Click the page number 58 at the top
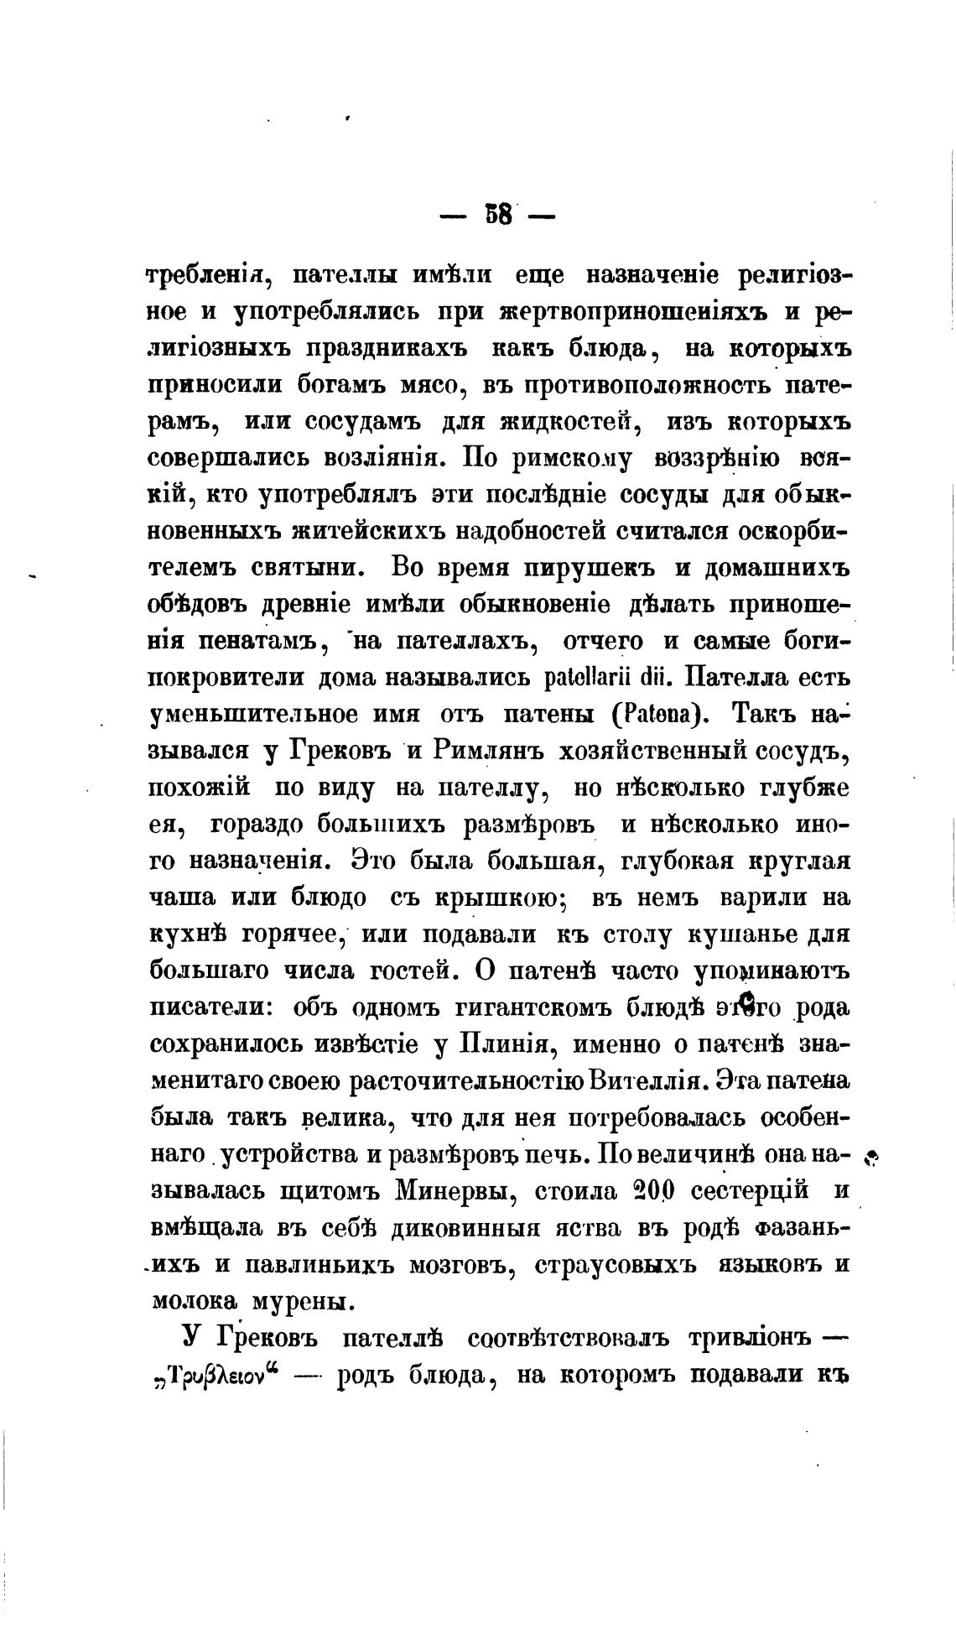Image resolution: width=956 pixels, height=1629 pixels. pos(497,216)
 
